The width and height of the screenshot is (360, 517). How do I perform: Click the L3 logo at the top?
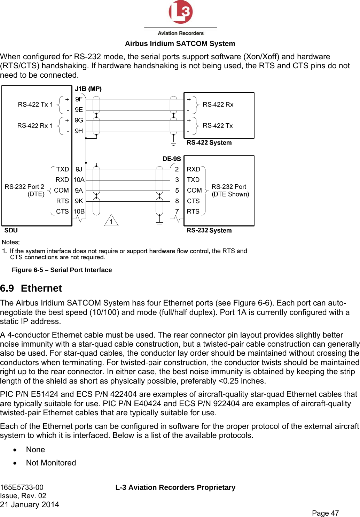pyautogui.click(x=180, y=12)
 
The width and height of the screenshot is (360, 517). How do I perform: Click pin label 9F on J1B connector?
pyautogui.click(x=79, y=99)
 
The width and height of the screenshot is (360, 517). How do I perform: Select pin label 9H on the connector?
pyautogui.click(x=79, y=131)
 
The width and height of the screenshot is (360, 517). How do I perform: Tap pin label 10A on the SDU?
pyautogui.click(x=79, y=180)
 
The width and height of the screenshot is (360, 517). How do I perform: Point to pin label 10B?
pyautogui.click(x=79, y=211)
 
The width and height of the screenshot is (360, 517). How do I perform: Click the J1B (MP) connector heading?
pyautogui.click(x=88, y=89)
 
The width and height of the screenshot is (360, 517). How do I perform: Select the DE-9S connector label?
pyautogui.click(x=172, y=159)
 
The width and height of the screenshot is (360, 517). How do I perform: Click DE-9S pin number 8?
pyautogui.click(x=177, y=201)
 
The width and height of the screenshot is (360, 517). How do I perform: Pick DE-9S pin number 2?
pyautogui.click(x=177, y=169)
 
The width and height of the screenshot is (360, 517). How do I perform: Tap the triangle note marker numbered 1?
pyautogui.click(x=111, y=221)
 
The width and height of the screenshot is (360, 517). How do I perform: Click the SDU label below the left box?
pyautogui.click(x=11, y=230)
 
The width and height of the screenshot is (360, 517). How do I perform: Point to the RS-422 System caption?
pyautogui.click(x=209, y=142)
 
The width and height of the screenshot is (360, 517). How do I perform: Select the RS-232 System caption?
pyautogui.click(x=209, y=230)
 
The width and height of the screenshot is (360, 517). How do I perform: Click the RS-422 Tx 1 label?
pyautogui.click(x=36, y=105)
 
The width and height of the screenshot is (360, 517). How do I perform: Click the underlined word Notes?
pyautogui.click(x=10, y=242)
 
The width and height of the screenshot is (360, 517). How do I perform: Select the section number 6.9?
pyautogui.click(x=7, y=288)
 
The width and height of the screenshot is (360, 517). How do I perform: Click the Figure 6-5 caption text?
pyautogui.click(x=62, y=270)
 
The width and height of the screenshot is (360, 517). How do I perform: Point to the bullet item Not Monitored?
pyautogui.click(x=51, y=463)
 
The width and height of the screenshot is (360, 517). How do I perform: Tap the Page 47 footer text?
pyautogui.click(x=325, y=513)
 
